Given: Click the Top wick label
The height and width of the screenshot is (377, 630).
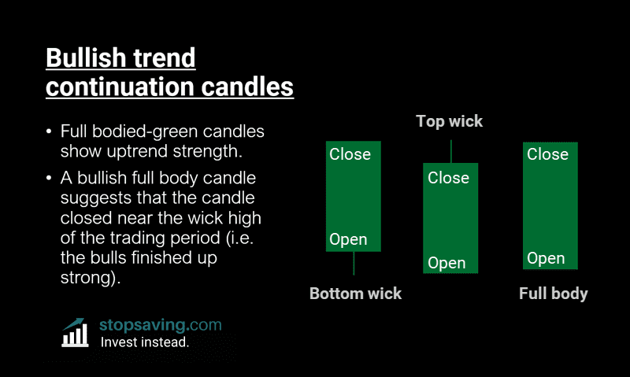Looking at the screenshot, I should pos(449,121).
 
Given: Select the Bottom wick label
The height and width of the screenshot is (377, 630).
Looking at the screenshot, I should pos(355,294).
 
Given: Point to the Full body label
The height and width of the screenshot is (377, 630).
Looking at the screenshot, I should pos(553,294).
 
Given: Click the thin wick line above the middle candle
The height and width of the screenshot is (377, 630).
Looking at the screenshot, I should pos(450,151).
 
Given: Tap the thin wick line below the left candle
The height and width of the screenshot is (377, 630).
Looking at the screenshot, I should pos(354,263).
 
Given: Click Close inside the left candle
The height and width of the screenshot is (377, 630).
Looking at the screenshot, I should pos(350,153).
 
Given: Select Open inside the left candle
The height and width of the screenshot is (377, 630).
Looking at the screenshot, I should pos(348,239).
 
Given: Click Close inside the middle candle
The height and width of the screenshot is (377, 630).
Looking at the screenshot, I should pos(448,178).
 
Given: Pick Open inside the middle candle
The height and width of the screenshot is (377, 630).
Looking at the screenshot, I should pos(447,263).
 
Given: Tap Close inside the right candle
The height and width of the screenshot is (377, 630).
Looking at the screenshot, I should pos(547,153).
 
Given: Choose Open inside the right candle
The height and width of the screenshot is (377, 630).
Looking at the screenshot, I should pos(546,258).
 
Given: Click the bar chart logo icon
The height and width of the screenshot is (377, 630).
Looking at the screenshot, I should pos(75,333).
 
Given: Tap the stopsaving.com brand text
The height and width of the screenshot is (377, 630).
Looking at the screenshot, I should pos(161,324).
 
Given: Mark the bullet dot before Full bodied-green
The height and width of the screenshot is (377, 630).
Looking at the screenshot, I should pos(50,131).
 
